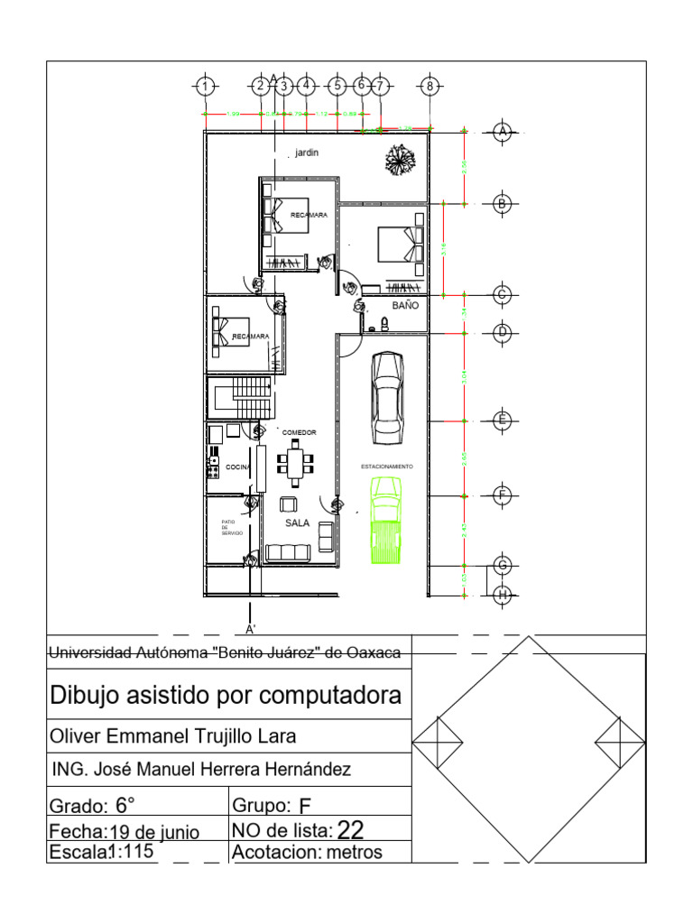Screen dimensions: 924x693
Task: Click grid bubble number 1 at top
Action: (x=207, y=87)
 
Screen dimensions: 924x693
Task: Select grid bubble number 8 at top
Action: (x=430, y=87)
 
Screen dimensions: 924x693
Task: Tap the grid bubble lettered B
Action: (x=503, y=204)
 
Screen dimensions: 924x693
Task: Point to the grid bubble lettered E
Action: (x=503, y=420)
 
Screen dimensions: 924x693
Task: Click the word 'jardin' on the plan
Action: (x=307, y=153)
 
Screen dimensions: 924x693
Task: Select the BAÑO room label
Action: (x=405, y=306)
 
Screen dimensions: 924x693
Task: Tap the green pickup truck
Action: (x=385, y=522)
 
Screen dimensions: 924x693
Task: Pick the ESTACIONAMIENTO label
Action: (x=387, y=467)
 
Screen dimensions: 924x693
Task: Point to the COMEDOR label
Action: (x=299, y=433)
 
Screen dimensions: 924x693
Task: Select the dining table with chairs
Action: (x=296, y=463)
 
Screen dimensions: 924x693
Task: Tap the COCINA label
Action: (x=237, y=467)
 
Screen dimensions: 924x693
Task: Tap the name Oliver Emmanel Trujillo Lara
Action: (x=172, y=736)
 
